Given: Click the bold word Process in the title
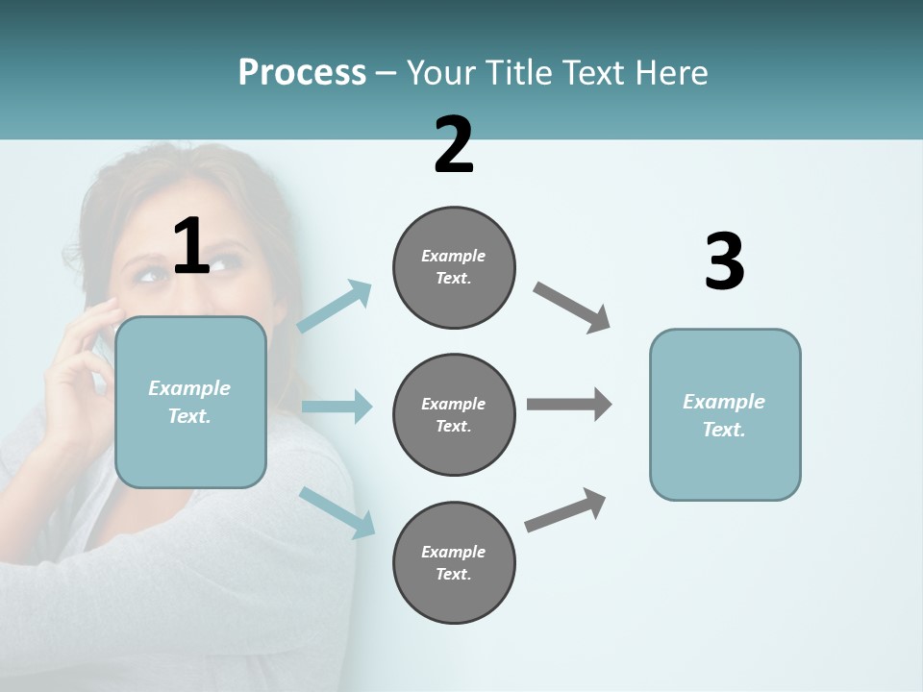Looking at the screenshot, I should [302, 73].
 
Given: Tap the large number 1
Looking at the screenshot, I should [191, 246].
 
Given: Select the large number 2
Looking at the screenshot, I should [454, 145].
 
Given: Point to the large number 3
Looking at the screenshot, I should [724, 261].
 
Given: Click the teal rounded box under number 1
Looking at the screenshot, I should [190, 402].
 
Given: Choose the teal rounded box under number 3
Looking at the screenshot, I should [725, 415].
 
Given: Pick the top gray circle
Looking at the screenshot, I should [454, 267].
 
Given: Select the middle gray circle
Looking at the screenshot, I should [454, 414].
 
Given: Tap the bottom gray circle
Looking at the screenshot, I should [454, 562].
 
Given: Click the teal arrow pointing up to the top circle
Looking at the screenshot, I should [335, 307].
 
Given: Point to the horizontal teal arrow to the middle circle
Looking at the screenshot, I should [337, 407].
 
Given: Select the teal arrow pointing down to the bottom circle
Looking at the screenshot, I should [337, 512].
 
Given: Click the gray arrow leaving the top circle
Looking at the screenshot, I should [572, 308].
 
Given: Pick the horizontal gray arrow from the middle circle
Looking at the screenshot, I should [569, 404].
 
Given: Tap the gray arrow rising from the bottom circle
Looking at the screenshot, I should [565, 509].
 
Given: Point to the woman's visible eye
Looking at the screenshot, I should [150, 276].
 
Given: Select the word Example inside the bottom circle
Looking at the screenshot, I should [453, 552].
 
